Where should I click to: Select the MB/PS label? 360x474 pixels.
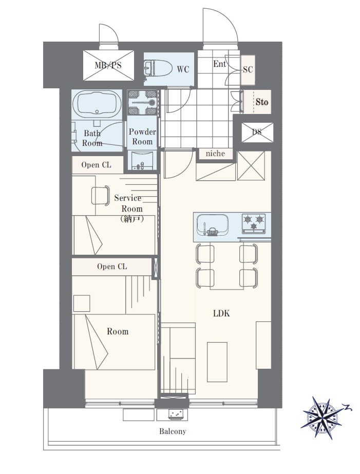click(x=108, y=65)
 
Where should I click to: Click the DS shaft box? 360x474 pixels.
click(x=257, y=132)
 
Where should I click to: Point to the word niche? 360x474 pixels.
click(x=215, y=154)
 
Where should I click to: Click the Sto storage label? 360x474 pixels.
click(x=262, y=102)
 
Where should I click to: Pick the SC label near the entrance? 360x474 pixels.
click(x=248, y=69)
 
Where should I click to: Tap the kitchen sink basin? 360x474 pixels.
click(x=212, y=225)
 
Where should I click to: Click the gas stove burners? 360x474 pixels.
click(x=254, y=223)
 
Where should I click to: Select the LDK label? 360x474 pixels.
click(x=221, y=313)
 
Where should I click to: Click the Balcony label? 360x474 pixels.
click(x=173, y=431)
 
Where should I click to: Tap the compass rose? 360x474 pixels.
click(x=321, y=414)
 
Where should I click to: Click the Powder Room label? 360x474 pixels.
click(x=142, y=137)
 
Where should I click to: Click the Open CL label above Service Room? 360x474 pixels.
click(x=97, y=165)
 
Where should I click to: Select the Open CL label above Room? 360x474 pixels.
click(x=112, y=267)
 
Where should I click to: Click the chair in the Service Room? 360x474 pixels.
click(x=100, y=196)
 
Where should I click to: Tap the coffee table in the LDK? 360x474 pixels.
click(x=217, y=362)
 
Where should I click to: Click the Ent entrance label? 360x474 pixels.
click(x=219, y=64)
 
